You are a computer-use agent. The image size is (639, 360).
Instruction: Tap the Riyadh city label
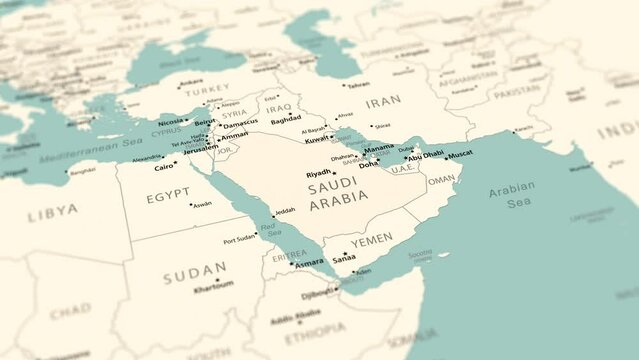pos(318,174)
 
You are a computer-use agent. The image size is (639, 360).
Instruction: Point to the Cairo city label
pos(163,167)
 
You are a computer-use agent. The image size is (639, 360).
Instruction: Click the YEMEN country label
pos(371,240)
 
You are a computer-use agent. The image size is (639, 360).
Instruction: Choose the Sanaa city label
pos(344,257)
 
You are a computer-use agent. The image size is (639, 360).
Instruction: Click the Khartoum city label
pos(212,284)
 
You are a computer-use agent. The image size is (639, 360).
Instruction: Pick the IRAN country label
pos(384,102)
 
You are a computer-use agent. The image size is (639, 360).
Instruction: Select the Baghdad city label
pos(286,119)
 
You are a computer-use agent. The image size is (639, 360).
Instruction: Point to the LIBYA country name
pos(52,211)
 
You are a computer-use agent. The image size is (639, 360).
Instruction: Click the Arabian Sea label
pos(512,194)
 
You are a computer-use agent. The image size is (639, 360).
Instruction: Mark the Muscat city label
pos(460,154)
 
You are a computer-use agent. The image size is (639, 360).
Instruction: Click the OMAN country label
pos(441,181)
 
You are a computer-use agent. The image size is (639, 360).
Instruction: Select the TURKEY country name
pos(207,89)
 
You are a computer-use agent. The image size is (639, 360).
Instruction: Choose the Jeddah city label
pos(285,211)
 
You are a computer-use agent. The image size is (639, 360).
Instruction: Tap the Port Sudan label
pos(242,240)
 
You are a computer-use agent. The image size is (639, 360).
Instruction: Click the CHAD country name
pos(69,311)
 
